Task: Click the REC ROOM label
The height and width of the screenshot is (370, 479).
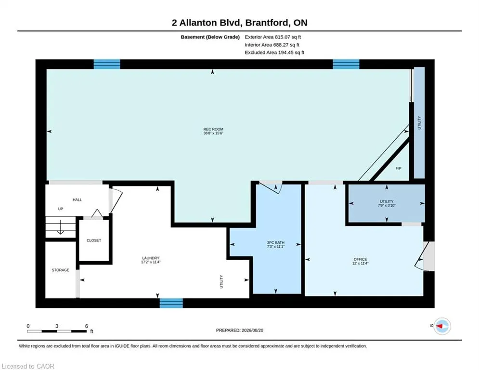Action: (213, 129)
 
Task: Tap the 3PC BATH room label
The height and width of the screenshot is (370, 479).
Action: (275, 242)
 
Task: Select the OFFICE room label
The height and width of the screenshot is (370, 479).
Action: (360, 259)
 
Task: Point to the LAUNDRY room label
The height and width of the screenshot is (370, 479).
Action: (151, 258)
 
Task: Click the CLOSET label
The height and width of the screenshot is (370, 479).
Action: (94, 241)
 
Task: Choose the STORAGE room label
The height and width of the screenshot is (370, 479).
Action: (61, 270)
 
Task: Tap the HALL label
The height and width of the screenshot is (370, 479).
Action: (78, 199)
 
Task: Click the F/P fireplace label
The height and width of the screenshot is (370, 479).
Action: (398, 169)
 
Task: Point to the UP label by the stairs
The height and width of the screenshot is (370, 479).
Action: (61, 209)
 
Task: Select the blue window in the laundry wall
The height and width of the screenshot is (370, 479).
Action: (171, 303)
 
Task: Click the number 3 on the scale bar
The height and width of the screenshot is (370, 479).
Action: (57, 326)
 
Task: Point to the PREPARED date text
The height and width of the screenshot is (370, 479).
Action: (240, 330)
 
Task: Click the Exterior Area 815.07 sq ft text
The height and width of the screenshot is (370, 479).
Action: (273, 37)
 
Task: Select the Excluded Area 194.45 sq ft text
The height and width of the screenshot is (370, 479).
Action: (274, 53)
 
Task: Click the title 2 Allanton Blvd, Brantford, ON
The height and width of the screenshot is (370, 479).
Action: (240, 23)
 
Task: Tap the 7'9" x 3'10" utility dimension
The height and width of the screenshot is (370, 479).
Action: (387, 206)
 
